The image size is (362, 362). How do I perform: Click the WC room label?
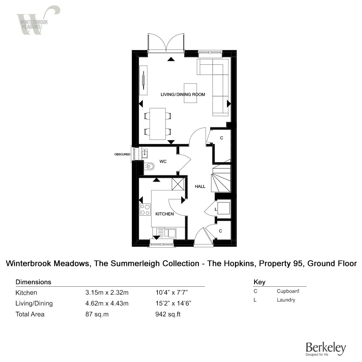pos(163,161)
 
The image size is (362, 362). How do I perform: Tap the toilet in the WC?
pos(150,166)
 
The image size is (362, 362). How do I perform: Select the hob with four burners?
pos(145,210)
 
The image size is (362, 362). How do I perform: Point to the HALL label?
pos(200,186)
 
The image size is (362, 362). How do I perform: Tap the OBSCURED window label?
pos(122,154)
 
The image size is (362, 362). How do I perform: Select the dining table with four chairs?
pos(158,124)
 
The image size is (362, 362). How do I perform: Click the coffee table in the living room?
pos(190,93)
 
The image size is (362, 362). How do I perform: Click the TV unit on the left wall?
pos(143,80)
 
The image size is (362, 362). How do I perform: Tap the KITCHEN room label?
pos(165,214)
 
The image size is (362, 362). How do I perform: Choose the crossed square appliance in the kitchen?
pos(178,184)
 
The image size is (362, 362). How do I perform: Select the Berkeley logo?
pos(326,349)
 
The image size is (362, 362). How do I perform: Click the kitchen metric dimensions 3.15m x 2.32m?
pos(107,292)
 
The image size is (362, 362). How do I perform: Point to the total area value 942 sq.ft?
pos(168,314)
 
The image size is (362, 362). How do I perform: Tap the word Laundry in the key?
pos(286,300)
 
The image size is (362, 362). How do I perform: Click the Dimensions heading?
pos(33,282)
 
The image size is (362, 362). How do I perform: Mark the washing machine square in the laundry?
pos(224,208)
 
